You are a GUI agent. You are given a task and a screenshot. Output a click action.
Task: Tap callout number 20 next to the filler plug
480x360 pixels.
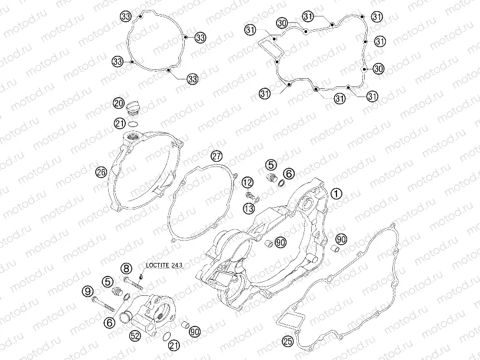tap(119, 103)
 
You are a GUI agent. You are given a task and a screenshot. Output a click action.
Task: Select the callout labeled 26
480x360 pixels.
tap(101, 172)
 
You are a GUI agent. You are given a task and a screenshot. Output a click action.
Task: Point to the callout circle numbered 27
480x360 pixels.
tap(216, 156)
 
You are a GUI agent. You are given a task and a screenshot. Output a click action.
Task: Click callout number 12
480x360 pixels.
tap(248, 183)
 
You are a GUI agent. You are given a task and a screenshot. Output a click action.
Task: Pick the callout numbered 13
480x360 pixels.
tap(249, 209)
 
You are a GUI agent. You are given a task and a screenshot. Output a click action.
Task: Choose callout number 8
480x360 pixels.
tap(126, 269)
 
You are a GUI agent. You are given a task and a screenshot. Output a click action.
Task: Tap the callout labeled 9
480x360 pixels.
tap(88, 291)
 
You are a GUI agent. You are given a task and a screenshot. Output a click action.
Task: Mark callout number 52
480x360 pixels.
tap(135, 336)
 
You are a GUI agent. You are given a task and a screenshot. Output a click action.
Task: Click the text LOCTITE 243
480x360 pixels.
tap(164, 265)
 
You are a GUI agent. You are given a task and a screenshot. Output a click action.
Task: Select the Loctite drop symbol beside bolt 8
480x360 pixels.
tap(141, 276)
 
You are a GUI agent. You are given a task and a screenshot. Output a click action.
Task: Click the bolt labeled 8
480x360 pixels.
tap(134, 283)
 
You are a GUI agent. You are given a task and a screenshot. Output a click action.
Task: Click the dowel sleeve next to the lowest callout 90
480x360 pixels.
tap(185, 325)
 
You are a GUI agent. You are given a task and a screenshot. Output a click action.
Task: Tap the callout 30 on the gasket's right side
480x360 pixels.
tap(378, 69)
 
